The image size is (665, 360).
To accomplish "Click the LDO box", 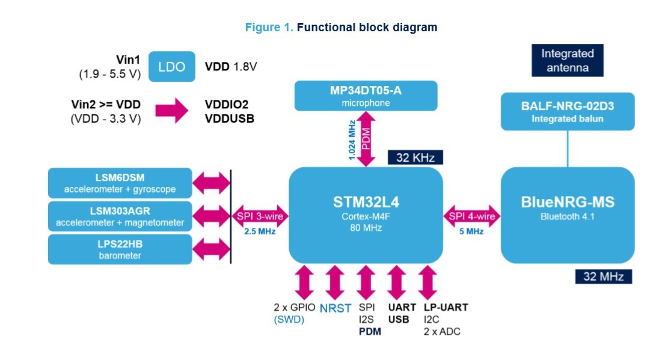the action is pos(172,67).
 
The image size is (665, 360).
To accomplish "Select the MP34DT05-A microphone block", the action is pos(366,96).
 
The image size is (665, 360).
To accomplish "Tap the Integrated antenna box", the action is pos(568,60).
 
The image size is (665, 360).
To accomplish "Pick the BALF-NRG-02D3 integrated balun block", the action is pos(568,112).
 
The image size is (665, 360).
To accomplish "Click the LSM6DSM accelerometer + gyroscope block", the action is pos(120,183).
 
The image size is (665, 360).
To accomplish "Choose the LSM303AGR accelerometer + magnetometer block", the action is pos(120,216).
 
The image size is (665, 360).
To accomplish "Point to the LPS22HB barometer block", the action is pos(120,250).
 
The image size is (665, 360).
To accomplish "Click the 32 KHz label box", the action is pos(415,157).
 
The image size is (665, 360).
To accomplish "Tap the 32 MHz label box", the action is pos(604,276).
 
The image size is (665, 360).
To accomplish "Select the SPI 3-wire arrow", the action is pos(260,216).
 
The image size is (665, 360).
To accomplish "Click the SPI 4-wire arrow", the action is pos(472,216).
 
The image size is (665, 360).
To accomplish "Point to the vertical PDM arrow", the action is pos(366,139).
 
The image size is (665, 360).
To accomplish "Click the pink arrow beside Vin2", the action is pos(172,111).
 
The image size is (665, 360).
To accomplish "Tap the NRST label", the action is pos(335,308).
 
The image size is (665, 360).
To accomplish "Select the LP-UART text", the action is pos(446,308).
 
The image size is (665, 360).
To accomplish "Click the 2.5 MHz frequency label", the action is pos(260,231).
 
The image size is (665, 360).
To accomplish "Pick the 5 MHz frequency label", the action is pos(471,231).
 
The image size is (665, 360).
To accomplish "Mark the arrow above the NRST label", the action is pos(335,282).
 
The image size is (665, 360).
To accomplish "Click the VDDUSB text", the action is pos(230,119).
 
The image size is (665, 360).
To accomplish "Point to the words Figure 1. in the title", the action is pos(269,28).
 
